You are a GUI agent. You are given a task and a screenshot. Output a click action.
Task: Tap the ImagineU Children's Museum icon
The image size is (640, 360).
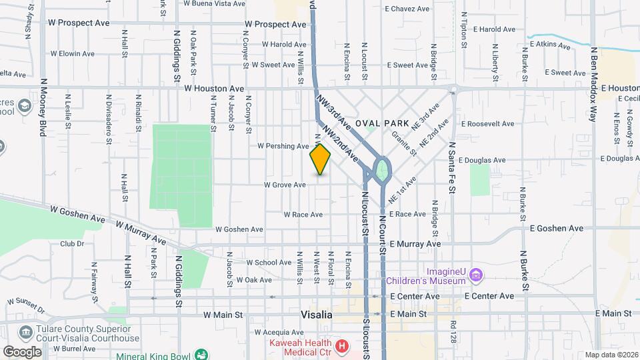[x=475, y=275]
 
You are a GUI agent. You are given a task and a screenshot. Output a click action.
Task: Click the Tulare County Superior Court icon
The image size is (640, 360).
[x=25, y=332]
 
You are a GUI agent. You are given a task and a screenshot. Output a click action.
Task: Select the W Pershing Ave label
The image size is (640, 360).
[x=283, y=145]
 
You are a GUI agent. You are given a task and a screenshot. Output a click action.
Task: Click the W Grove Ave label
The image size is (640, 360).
[x=285, y=185]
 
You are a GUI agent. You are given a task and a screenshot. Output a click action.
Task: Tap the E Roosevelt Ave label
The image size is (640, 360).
[x=487, y=124]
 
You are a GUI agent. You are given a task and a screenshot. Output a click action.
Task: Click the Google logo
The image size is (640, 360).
[x=22, y=351]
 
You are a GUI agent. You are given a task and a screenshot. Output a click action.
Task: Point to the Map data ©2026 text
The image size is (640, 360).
[x=611, y=355]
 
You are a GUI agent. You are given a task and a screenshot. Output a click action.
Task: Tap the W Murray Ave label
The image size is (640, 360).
[x=140, y=232]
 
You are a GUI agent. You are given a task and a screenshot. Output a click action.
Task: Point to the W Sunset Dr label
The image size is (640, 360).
[x=25, y=305]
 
